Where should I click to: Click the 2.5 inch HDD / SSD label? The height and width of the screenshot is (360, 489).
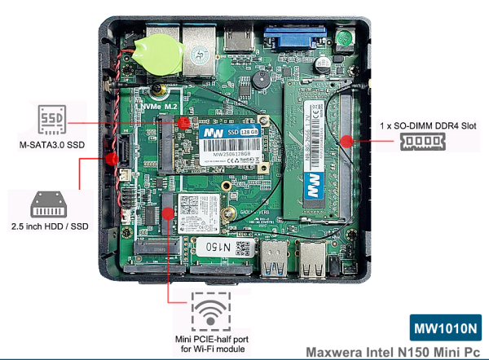(50, 226)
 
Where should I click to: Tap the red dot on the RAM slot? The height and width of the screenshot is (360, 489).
(348, 140)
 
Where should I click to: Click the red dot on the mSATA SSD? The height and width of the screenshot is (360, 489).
(183, 121)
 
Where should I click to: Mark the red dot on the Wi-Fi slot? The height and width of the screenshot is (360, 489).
(168, 213)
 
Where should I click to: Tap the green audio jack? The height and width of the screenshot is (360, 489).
(346, 37)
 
